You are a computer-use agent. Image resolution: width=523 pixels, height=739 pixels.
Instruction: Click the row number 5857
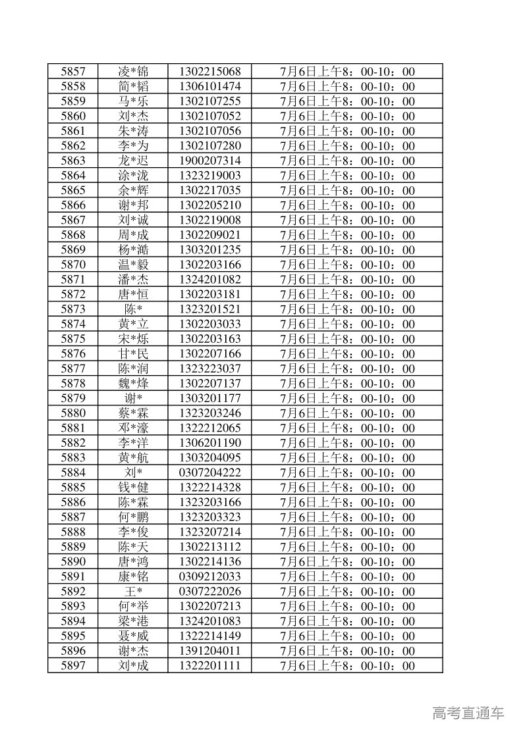72,72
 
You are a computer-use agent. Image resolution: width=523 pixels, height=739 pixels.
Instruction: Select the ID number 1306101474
209,87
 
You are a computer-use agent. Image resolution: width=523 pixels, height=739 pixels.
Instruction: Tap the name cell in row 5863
133,161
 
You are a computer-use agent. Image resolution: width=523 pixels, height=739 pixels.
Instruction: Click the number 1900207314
209,161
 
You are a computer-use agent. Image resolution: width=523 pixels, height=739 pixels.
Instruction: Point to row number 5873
72,309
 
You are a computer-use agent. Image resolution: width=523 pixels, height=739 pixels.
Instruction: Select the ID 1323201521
209,309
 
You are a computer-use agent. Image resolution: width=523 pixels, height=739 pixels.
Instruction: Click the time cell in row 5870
347,265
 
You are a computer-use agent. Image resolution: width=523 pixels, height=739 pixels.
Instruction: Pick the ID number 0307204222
209,472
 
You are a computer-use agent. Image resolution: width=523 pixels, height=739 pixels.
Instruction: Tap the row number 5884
72,472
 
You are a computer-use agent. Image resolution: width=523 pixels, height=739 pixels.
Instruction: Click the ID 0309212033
209,576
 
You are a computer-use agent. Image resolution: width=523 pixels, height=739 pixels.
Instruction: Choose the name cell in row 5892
133,592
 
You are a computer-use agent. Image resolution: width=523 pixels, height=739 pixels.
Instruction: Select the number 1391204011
209,651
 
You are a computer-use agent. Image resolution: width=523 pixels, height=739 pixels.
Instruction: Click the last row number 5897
72,666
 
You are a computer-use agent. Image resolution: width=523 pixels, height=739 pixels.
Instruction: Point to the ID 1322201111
209,666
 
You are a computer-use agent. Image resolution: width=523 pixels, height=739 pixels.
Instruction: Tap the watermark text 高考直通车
468,713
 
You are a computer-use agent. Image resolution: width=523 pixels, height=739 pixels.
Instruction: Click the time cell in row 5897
347,666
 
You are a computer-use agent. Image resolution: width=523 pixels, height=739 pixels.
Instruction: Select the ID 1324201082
209,280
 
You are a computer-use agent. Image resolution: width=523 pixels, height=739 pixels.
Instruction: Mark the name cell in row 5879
133,398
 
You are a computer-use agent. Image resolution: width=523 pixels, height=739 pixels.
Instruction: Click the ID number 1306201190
209,443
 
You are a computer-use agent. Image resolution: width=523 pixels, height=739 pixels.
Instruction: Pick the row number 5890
72,562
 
